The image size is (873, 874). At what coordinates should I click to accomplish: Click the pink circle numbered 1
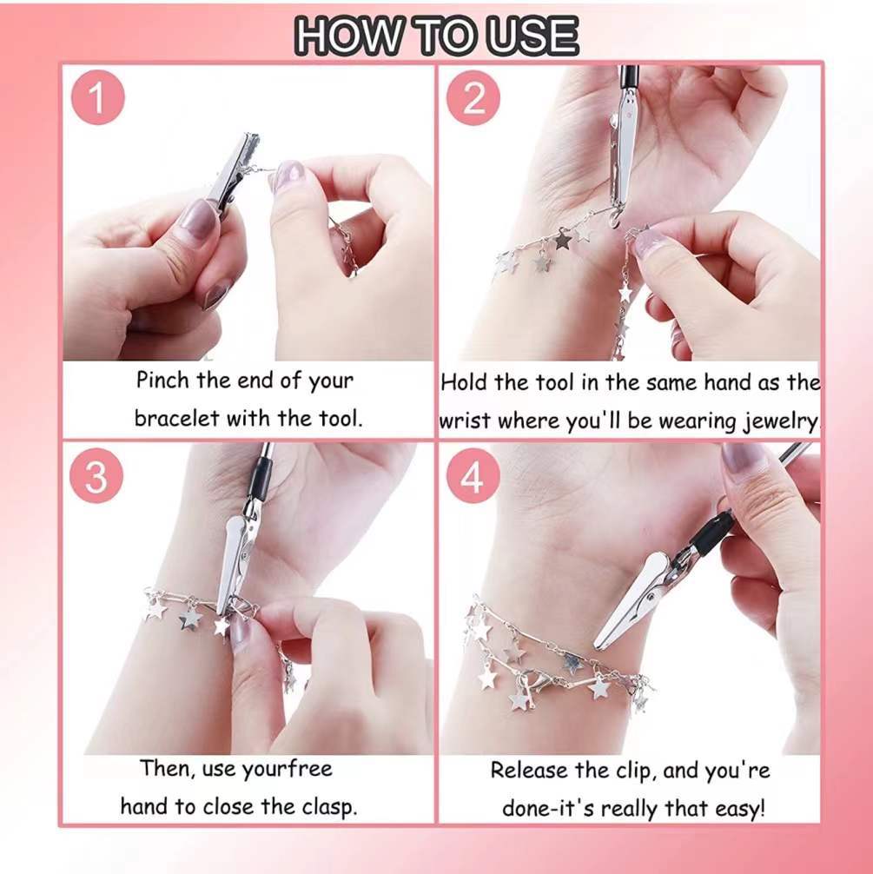97,98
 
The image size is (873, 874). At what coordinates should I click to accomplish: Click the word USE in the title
532,36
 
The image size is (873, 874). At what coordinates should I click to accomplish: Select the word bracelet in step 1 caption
177,418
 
